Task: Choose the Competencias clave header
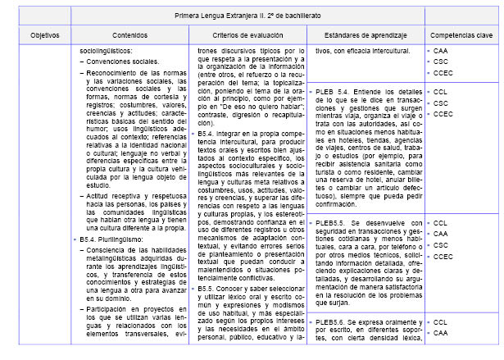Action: [x=464, y=36]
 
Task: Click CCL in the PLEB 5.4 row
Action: [x=440, y=92]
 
